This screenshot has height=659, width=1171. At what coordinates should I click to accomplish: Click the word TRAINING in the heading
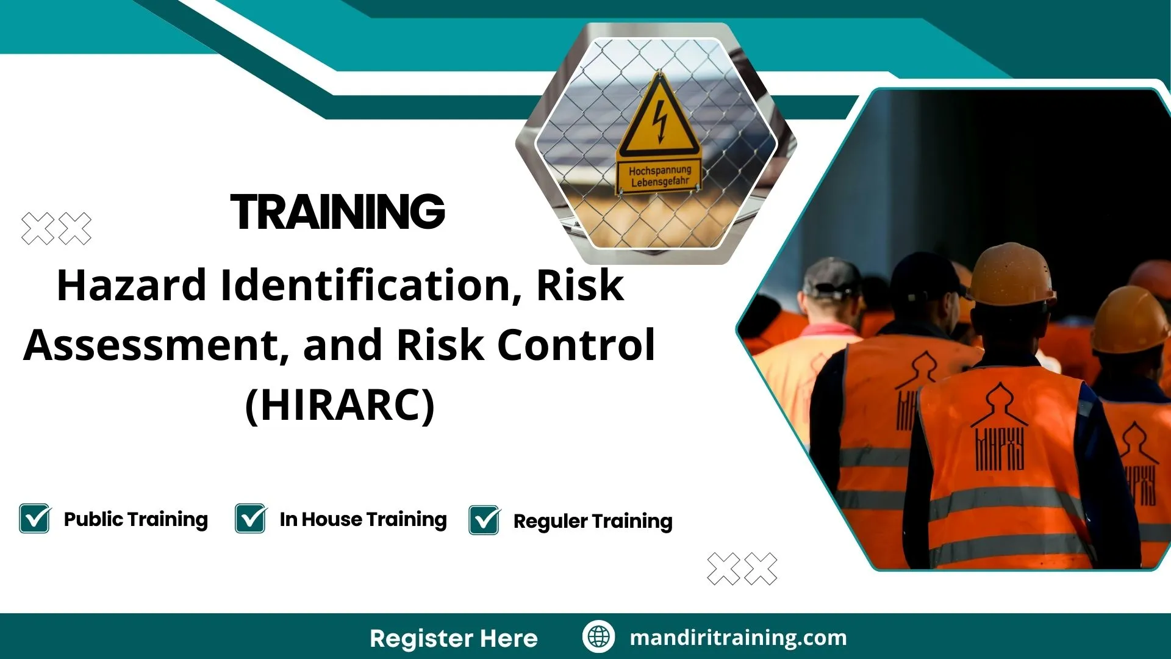pos(337,212)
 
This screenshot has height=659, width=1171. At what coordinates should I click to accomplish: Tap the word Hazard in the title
pos(131,286)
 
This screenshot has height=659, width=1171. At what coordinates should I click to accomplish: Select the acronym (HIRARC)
pos(340,405)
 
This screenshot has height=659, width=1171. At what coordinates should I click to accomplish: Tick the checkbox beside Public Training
pos(35,519)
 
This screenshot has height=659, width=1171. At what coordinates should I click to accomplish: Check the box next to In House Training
pos(251,519)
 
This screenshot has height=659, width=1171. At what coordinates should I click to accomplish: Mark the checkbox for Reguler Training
pos(484,520)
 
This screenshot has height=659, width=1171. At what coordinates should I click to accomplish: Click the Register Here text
pos(453,638)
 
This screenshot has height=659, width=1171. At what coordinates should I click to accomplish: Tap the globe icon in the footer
pos(598,637)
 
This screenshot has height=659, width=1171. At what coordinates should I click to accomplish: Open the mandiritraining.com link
pos(738,638)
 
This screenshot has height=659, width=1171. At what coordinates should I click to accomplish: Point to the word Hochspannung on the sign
pos(660,170)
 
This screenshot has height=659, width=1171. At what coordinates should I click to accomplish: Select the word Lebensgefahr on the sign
pos(660,182)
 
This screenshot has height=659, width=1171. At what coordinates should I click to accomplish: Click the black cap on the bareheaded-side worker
pos(831,278)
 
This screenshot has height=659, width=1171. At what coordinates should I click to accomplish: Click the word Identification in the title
pos(365,286)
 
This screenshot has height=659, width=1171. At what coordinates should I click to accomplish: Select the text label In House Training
pos(363,519)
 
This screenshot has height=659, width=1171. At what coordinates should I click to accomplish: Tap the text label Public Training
pos(135,519)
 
